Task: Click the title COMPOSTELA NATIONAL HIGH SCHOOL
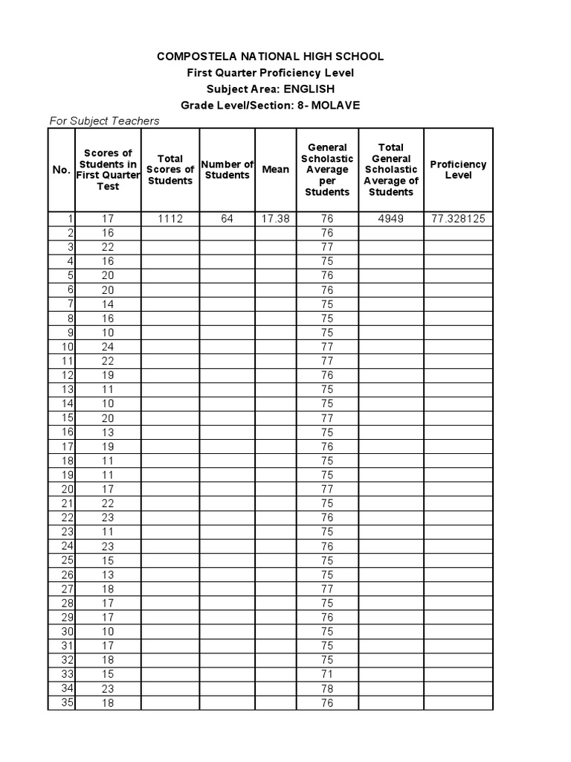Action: tap(271, 57)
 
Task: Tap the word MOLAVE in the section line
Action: tap(335, 105)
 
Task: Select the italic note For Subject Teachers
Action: tap(104, 121)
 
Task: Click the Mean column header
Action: tap(276, 170)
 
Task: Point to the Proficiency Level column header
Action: tap(458, 170)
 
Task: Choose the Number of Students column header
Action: tap(227, 170)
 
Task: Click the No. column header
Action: tap(61, 170)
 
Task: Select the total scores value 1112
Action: tap(170, 219)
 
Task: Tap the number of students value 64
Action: tap(227, 219)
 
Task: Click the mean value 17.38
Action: tap(276, 219)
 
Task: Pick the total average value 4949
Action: tap(390, 219)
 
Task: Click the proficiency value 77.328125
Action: tap(458, 219)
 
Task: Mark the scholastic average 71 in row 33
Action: tap(327, 674)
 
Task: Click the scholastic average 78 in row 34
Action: tap(327, 688)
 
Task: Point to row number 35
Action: tap(67, 702)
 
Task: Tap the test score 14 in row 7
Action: tap(108, 304)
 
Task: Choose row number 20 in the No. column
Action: tap(67, 489)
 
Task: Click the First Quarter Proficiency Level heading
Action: tap(271, 73)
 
